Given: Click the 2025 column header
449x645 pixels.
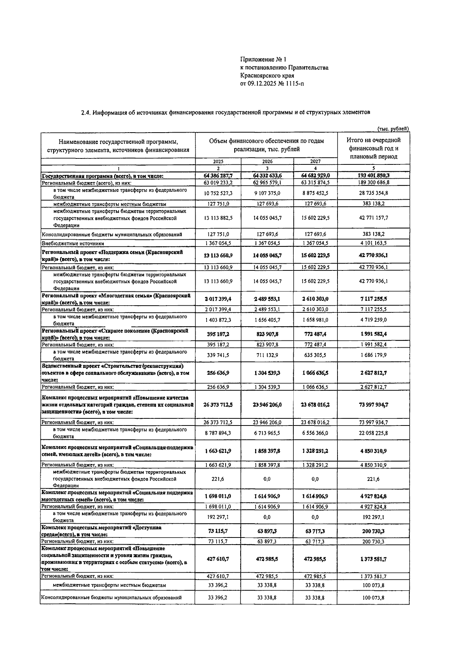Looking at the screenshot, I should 218,161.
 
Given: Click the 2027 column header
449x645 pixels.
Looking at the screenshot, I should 315,161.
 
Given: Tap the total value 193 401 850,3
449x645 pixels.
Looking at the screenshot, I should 373,175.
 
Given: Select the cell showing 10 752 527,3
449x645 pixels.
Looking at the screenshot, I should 218,193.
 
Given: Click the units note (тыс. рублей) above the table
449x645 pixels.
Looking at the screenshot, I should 393,129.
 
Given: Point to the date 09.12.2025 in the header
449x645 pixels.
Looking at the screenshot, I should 262,84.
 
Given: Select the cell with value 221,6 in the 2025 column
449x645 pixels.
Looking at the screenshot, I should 218,479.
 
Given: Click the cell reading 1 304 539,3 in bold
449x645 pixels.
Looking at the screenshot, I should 267,373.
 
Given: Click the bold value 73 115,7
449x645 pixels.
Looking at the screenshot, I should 218,531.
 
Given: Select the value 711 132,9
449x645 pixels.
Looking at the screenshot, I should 267,355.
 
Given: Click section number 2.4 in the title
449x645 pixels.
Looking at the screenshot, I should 86,112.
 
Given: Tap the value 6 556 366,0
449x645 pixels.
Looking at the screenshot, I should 315,433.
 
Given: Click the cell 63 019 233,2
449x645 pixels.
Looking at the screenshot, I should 218,182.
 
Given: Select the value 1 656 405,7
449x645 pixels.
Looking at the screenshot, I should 267,320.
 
